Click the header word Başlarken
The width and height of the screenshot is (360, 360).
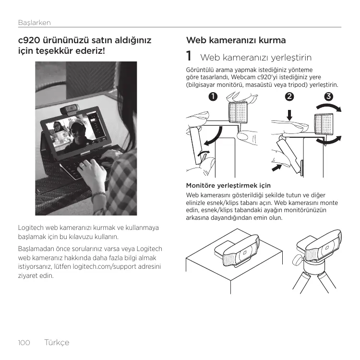click(x=35, y=23)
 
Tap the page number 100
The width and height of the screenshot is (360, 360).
click(x=24, y=343)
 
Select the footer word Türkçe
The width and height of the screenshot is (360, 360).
click(x=57, y=342)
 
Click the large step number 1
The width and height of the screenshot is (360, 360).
click(x=189, y=56)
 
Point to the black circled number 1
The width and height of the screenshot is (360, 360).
click(x=213, y=96)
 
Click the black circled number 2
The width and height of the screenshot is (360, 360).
click(x=289, y=96)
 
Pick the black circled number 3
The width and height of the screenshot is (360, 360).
click(x=328, y=96)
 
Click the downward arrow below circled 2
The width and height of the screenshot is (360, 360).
click(x=289, y=115)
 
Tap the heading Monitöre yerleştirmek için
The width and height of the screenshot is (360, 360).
click(x=228, y=185)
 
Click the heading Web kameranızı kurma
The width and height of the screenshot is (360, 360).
click(x=236, y=40)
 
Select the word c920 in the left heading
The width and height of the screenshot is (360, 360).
click(x=29, y=40)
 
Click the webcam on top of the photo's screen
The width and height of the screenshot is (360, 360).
click(x=70, y=109)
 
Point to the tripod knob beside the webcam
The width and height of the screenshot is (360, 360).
click(x=297, y=261)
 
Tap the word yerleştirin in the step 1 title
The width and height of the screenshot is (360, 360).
click(x=291, y=58)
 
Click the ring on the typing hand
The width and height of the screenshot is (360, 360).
click(x=82, y=165)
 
